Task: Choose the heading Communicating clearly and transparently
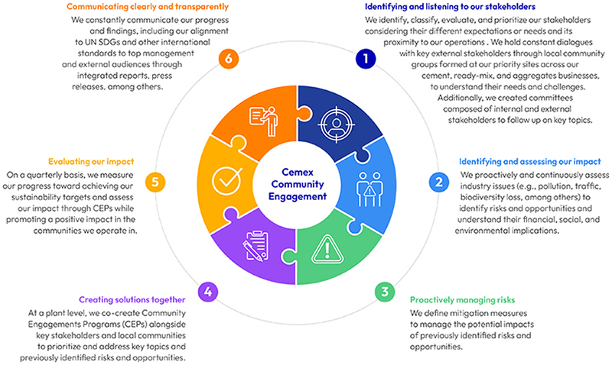143,7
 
